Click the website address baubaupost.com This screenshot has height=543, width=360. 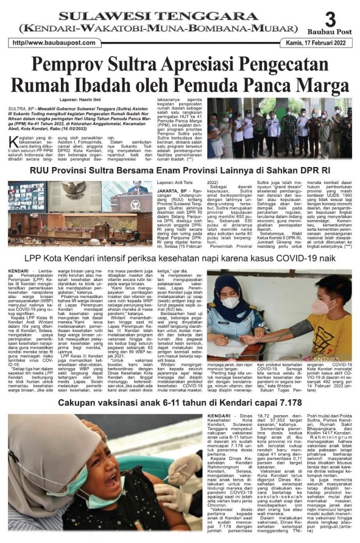point(54,43)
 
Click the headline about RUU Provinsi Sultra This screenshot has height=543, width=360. point(179,171)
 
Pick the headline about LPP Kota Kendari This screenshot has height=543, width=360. point(180,258)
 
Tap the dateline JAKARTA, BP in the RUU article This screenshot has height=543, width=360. point(169,190)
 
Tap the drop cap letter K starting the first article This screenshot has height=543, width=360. point(12,142)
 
